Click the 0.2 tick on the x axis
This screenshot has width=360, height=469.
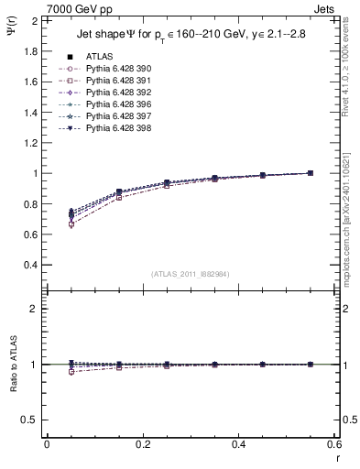[142, 444]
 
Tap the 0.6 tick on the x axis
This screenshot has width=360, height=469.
[334, 444]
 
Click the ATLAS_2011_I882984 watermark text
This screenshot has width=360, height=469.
[191, 274]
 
